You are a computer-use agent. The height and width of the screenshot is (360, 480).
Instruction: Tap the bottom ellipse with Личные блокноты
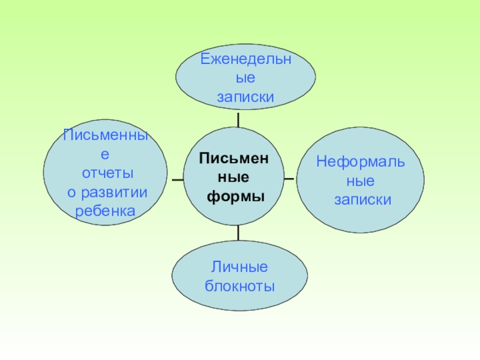(239, 277)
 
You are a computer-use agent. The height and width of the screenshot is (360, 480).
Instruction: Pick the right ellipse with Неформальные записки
(361, 180)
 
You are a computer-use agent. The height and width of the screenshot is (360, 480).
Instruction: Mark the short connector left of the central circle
(177, 179)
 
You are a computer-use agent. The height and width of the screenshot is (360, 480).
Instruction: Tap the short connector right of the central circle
(289, 178)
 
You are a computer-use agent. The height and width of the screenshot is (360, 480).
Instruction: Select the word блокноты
(239, 286)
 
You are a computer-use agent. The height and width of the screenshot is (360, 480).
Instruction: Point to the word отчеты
(107, 173)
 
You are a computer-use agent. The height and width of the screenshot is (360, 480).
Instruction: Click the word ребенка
(105, 211)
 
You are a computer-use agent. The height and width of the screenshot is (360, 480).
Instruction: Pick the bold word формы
(236, 196)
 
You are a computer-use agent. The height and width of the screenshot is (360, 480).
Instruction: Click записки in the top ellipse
(245, 97)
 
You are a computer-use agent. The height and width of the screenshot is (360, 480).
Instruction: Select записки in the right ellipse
(362, 199)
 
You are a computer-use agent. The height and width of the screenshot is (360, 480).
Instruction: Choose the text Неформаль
(361, 161)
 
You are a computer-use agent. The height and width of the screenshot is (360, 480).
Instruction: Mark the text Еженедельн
(245, 59)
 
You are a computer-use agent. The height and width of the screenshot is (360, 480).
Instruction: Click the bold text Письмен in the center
(235, 157)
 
